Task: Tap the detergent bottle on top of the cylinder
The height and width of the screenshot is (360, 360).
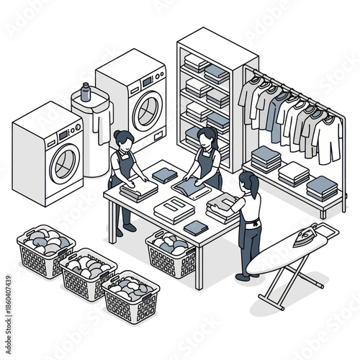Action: click(x=86, y=92)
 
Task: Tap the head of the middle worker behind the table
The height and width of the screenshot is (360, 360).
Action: click(x=204, y=137)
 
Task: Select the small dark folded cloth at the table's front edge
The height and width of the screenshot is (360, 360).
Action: click(x=195, y=228)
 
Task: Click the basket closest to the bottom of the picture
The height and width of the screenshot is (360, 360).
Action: click(x=130, y=295)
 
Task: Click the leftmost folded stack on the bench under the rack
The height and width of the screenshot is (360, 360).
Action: click(x=267, y=159)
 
